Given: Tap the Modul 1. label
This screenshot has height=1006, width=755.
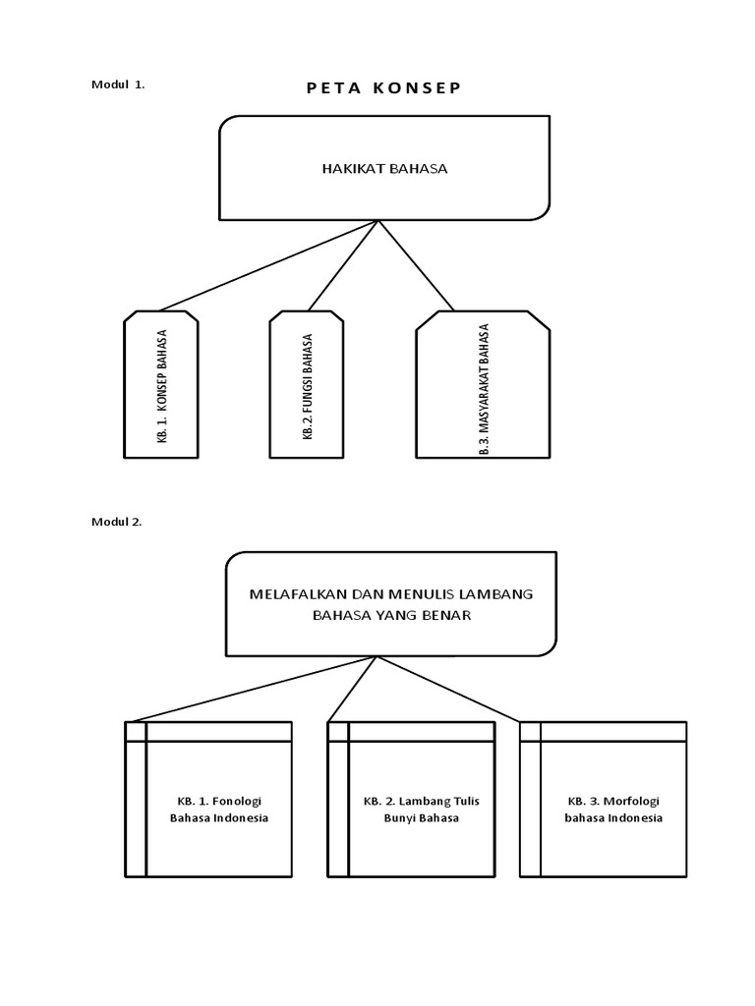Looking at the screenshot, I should tap(118, 84).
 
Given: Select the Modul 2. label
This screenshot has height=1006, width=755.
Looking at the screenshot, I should tap(117, 522).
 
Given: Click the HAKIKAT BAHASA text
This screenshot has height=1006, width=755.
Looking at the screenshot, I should tap(384, 168).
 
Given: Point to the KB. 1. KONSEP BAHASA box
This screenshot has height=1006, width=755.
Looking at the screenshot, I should tap(161, 386).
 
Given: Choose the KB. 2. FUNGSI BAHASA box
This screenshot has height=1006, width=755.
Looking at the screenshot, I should tap(307, 386).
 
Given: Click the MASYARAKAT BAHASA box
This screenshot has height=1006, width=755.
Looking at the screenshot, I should tap(483, 386).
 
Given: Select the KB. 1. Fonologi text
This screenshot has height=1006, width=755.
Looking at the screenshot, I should tap(218, 801).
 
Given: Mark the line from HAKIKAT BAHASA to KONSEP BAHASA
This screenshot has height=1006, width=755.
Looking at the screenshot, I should tap(265, 266).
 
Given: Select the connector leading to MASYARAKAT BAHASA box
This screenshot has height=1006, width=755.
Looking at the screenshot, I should tap(417, 266).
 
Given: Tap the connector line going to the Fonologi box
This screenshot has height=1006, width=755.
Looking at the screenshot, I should tap(251, 690).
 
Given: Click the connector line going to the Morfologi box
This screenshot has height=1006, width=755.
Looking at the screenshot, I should tap(447, 690).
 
